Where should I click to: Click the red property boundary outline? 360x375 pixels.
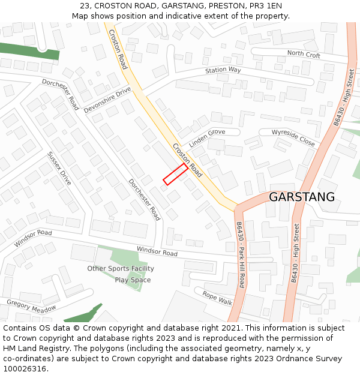point(176,173)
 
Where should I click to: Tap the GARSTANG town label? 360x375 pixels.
point(301,197)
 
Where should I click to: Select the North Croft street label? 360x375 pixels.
point(304,55)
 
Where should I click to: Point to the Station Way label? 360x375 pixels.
point(223,70)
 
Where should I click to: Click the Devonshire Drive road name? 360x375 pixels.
point(107,100)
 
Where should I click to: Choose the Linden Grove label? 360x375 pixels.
point(207,139)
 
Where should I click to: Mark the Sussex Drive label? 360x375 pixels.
point(59,168)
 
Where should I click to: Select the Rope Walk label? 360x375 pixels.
point(217,298)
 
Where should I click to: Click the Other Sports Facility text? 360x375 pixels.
point(121,269)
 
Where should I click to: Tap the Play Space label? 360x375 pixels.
point(133,280)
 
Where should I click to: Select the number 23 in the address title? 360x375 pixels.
point(76,5)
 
